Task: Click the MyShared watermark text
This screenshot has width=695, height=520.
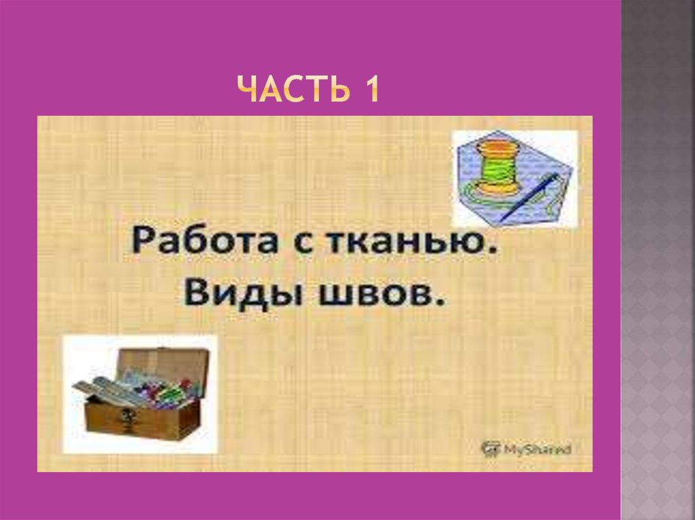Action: click(x=536, y=448)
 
